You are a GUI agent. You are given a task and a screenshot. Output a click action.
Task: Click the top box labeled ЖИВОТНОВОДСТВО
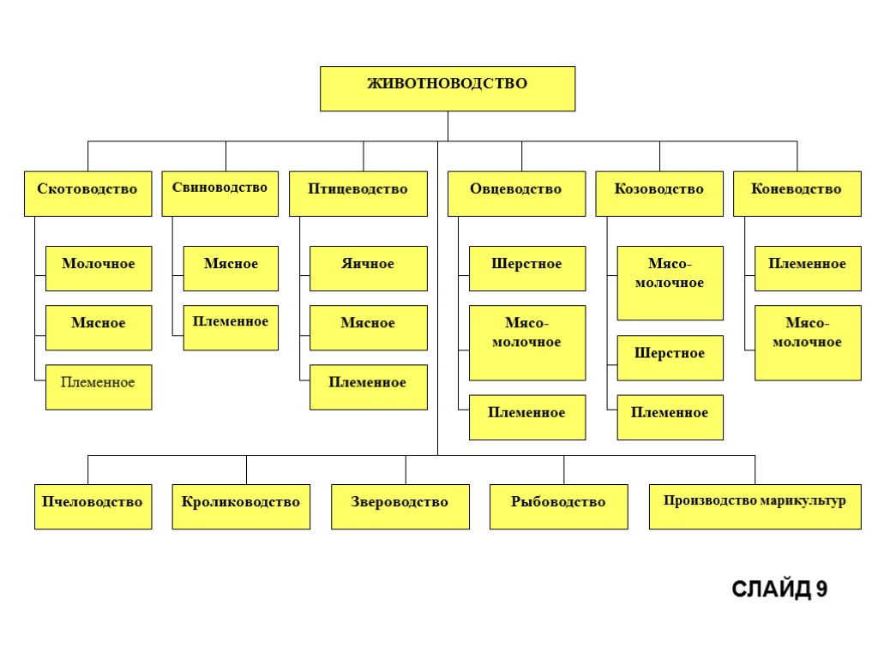(x=447, y=88)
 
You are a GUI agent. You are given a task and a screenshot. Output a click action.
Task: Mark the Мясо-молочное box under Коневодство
(x=808, y=342)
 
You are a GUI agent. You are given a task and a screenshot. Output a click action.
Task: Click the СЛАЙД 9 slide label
(x=779, y=589)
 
